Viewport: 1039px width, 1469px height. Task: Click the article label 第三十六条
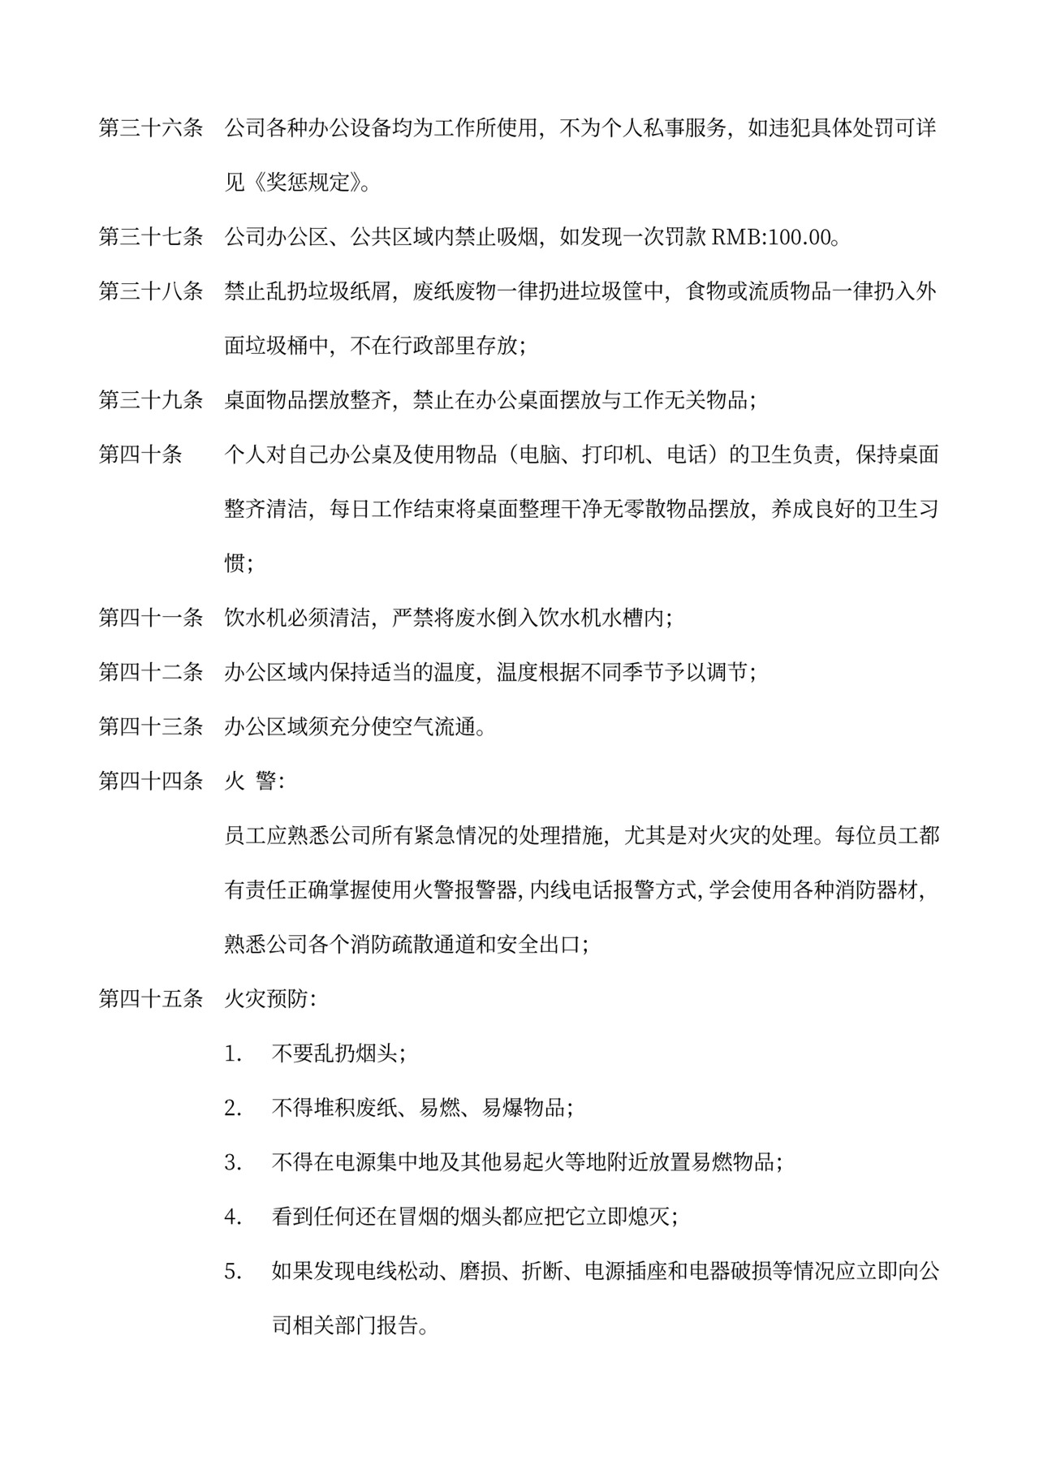pos(151,128)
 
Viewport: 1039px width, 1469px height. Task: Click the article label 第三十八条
pos(151,291)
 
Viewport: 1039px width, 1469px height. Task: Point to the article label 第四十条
pos(140,454)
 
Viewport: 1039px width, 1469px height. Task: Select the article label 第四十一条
pos(151,618)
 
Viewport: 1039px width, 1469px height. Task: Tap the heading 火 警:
pos(254,782)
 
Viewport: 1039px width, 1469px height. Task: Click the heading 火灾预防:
pos(270,999)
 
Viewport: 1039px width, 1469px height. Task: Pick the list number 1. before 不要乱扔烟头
pos(234,1054)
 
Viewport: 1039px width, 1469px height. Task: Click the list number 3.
pos(234,1163)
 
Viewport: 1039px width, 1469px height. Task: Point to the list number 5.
pos(234,1272)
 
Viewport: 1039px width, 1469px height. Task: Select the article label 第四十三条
pos(151,726)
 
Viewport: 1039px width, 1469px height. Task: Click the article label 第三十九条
pos(151,400)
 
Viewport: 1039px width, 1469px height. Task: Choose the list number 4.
pos(234,1217)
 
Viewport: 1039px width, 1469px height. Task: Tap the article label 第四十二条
pos(151,672)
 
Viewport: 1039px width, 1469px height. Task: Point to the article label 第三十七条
pos(151,238)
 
